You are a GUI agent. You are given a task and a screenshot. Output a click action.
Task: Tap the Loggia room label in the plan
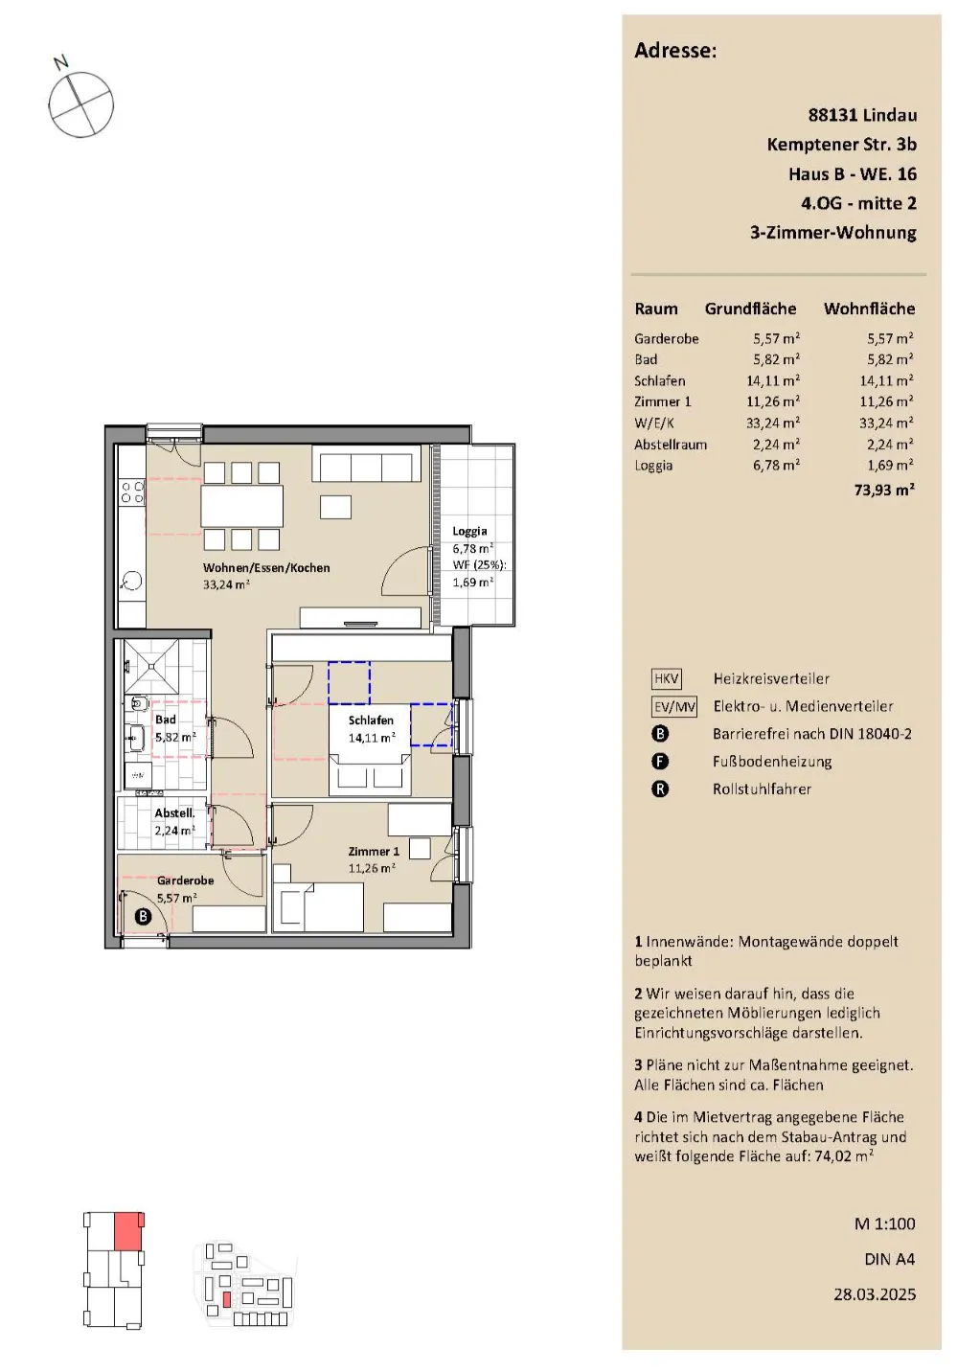[x=469, y=531]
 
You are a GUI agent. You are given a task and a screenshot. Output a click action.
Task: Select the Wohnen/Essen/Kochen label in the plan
[x=266, y=568]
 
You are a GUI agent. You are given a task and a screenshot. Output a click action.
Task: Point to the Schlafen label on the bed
[x=371, y=720]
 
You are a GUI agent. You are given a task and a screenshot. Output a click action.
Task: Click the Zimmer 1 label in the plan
[x=374, y=852]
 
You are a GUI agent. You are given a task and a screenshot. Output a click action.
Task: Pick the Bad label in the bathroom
[x=166, y=720]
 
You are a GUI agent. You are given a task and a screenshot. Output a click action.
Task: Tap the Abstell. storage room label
[x=174, y=813]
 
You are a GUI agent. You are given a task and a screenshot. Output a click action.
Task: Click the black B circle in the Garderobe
[x=143, y=916]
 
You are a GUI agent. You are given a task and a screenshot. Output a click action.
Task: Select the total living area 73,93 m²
[x=884, y=490]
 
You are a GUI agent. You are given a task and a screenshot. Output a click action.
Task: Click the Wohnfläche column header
[x=870, y=309]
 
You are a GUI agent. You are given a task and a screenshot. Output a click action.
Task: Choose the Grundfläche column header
[x=750, y=309]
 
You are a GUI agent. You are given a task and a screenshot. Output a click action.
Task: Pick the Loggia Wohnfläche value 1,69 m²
[x=890, y=466]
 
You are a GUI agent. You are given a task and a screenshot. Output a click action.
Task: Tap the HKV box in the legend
[x=666, y=678]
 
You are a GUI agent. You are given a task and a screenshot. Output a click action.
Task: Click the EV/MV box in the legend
[x=674, y=707]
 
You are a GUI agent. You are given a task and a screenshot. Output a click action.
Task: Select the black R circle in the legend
[x=660, y=789]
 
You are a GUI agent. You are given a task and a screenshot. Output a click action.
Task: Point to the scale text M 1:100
[x=885, y=1224]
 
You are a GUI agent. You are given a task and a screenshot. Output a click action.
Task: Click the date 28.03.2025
[x=875, y=1294]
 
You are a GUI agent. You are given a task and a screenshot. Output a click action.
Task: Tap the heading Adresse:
[x=675, y=50]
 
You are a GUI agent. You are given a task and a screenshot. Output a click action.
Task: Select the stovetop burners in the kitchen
[x=132, y=492]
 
